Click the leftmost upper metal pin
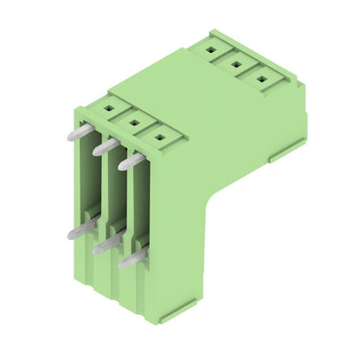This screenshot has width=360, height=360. [74, 134]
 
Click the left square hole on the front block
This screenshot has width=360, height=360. [108, 109]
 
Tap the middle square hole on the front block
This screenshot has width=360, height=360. [133, 122]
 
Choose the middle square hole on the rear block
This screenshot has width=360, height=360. [235, 63]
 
